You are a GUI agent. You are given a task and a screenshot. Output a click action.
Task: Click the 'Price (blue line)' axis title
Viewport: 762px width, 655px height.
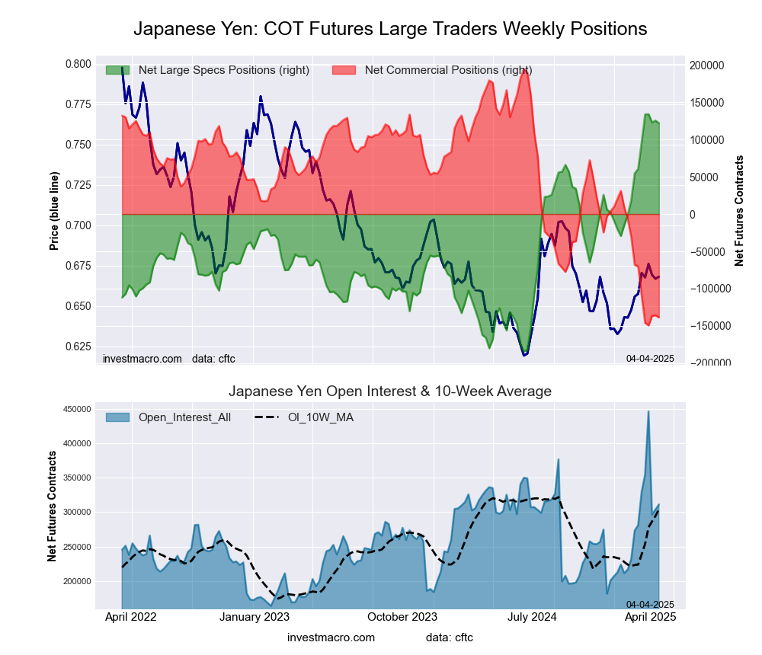point(54,211)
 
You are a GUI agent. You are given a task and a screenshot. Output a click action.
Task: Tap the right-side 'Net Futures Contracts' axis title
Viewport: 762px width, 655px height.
point(739,210)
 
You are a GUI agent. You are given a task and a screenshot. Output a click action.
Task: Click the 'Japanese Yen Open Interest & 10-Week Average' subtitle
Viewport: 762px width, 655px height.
point(390,391)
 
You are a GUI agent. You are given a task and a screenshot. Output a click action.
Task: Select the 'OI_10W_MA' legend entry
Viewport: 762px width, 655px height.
point(320,417)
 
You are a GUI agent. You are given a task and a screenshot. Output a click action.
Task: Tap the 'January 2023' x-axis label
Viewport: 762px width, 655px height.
point(255,617)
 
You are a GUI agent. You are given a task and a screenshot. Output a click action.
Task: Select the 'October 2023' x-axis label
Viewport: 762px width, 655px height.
point(403,617)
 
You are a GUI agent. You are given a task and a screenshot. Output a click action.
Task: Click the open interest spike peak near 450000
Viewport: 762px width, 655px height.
point(648,412)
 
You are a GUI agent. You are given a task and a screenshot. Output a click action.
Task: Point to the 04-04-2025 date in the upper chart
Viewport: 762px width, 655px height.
point(650,358)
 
